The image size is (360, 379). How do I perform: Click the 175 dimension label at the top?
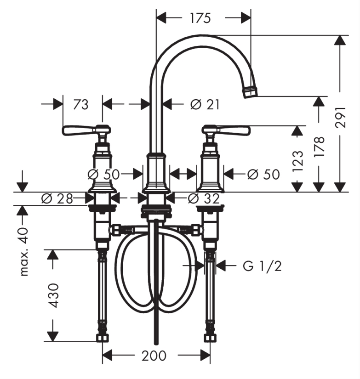(x=200, y=18)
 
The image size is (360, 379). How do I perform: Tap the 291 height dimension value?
(x=340, y=117)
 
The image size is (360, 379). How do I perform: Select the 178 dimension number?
(x=319, y=147)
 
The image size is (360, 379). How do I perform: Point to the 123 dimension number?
(x=297, y=161)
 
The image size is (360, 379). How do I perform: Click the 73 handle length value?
(x=81, y=104)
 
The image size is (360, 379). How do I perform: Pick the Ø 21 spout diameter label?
(x=205, y=104)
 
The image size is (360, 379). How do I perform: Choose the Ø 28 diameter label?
(x=57, y=198)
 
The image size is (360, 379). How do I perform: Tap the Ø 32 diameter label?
(x=204, y=198)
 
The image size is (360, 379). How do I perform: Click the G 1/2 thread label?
(x=262, y=266)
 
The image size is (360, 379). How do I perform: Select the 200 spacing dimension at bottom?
(x=154, y=356)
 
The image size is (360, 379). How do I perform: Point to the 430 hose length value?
(x=53, y=295)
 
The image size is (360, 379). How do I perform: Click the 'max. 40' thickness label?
(x=24, y=252)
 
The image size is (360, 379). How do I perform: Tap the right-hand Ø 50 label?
(x=264, y=174)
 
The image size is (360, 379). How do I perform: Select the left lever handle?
(x=86, y=130)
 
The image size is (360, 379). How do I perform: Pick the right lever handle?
(x=226, y=130)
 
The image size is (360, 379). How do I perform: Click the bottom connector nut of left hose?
(x=103, y=338)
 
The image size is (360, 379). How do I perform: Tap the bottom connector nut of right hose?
(x=210, y=338)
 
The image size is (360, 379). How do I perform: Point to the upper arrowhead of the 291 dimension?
(x=340, y=40)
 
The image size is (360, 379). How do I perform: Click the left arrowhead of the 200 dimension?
(x=108, y=355)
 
